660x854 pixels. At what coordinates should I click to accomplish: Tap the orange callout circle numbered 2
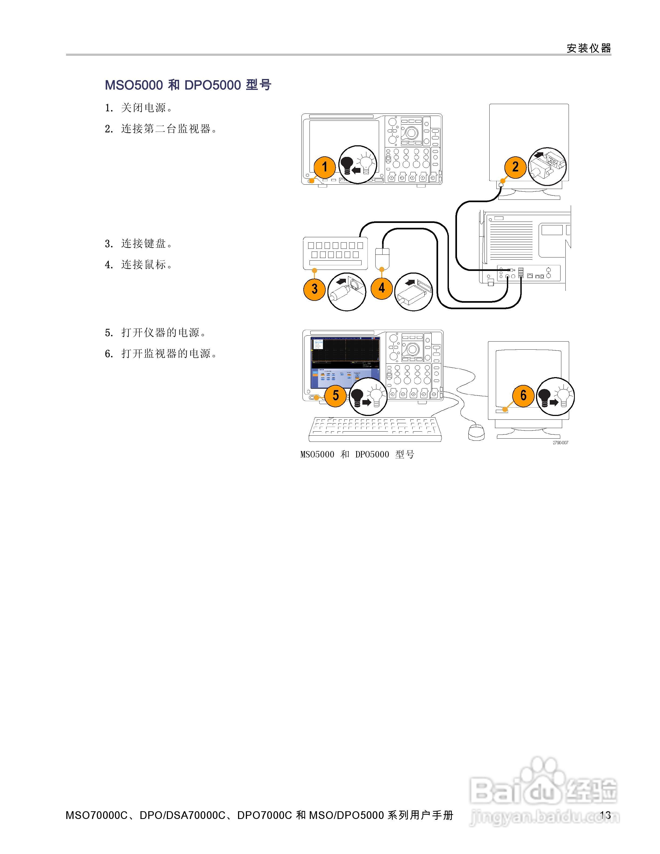tap(515, 167)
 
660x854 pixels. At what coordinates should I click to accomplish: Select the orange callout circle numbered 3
tap(314, 289)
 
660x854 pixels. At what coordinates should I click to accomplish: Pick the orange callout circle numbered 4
tap(381, 288)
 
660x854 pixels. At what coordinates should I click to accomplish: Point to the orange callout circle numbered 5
tap(335, 395)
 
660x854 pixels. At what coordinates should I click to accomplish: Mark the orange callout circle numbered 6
tap(523, 395)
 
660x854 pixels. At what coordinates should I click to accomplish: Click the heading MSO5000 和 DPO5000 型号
tap(188, 85)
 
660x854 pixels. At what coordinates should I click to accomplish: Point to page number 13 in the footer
tap(605, 815)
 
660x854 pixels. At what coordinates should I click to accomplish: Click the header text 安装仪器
tap(589, 48)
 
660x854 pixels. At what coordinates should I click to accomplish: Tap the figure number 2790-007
tap(560, 443)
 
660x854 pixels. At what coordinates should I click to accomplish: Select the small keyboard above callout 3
tap(335, 253)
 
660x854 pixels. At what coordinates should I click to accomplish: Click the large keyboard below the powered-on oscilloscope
tap(375, 429)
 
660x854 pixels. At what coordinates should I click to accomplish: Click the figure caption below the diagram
tap(357, 454)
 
